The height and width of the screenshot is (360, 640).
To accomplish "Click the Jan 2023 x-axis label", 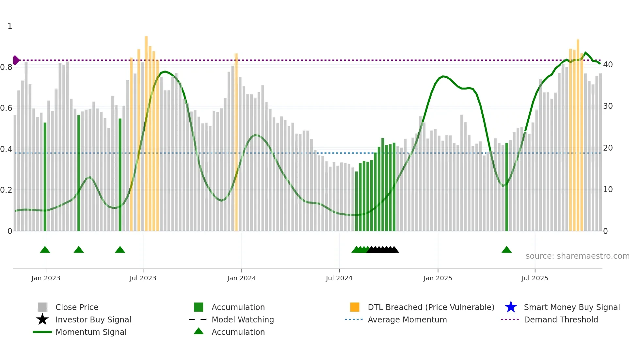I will [46, 278].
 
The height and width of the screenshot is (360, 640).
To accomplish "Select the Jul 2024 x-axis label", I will [339, 278].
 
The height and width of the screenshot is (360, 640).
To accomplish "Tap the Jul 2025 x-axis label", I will [535, 278].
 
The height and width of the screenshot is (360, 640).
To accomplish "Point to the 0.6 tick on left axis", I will [6, 108].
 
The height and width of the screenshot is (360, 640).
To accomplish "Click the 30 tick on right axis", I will [608, 106].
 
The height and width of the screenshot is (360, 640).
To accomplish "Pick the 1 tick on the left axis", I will [10, 26].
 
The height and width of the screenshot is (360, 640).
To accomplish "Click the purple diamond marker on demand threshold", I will [16, 60].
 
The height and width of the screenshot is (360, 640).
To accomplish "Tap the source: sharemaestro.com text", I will [577, 256].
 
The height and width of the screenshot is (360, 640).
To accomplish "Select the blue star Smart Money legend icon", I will [511, 307].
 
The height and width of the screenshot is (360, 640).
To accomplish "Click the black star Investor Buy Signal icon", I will [42, 319].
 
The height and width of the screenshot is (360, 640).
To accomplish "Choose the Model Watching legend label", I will [243, 319].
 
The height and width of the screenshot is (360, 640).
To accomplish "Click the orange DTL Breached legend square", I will [355, 307].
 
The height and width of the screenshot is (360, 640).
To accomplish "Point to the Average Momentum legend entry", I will [407, 319].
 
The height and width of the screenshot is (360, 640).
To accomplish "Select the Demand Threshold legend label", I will [561, 319].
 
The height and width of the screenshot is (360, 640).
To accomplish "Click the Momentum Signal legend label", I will [91, 332].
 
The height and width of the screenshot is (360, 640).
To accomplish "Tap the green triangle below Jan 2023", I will [45, 250].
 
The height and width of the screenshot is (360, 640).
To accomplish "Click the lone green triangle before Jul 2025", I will [506, 250].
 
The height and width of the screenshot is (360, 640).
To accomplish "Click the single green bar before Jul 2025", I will [507, 186].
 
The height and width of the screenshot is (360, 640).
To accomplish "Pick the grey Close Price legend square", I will [42, 307].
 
